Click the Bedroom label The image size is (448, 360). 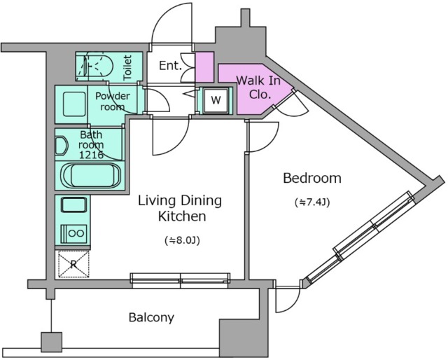[312, 178]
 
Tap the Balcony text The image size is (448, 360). [151, 317]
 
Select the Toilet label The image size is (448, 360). [127, 67]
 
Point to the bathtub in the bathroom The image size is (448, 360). [91, 175]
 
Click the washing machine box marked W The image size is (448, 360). [216, 100]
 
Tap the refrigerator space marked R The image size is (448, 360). [73, 264]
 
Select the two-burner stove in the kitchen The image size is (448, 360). [74, 234]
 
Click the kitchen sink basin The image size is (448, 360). [73, 205]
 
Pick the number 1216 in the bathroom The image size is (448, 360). [91, 155]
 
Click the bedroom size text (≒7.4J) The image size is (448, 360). [312, 202]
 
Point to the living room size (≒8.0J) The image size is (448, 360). [182, 240]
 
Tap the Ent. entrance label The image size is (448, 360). [170, 66]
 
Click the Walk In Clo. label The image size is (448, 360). [258, 87]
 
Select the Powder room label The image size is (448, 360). [113, 102]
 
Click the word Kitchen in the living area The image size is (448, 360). [182, 216]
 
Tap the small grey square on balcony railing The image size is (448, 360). [51, 342]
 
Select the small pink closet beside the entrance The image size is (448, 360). [204, 67]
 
